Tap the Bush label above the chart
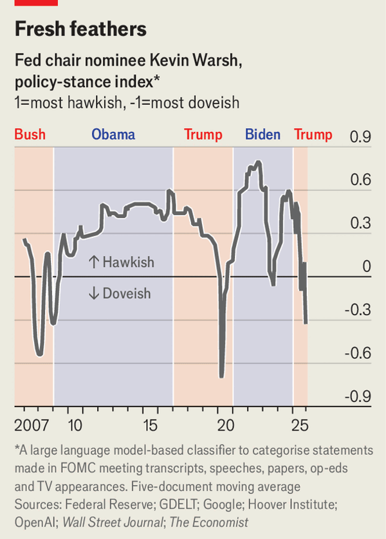pyautogui.click(x=30, y=134)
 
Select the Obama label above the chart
pyautogui.click(x=113, y=134)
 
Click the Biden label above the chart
pyautogui.click(x=262, y=134)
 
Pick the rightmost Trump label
pyautogui.click(x=313, y=134)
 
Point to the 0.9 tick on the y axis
pyautogui.click(x=360, y=136)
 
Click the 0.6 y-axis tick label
pyautogui.click(x=360, y=180)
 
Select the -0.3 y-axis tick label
pyautogui.click(x=358, y=310)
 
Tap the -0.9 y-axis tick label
pyautogui.click(x=358, y=396)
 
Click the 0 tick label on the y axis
pyautogui.click(x=367, y=266)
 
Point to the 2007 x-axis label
pyautogui.click(x=31, y=425)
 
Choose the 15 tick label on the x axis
pyautogui.click(x=150, y=425)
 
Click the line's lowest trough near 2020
pyautogui.click(x=221, y=376)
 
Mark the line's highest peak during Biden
pyautogui.click(x=258, y=161)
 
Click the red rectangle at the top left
pyautogui.click(x=36, y=3)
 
